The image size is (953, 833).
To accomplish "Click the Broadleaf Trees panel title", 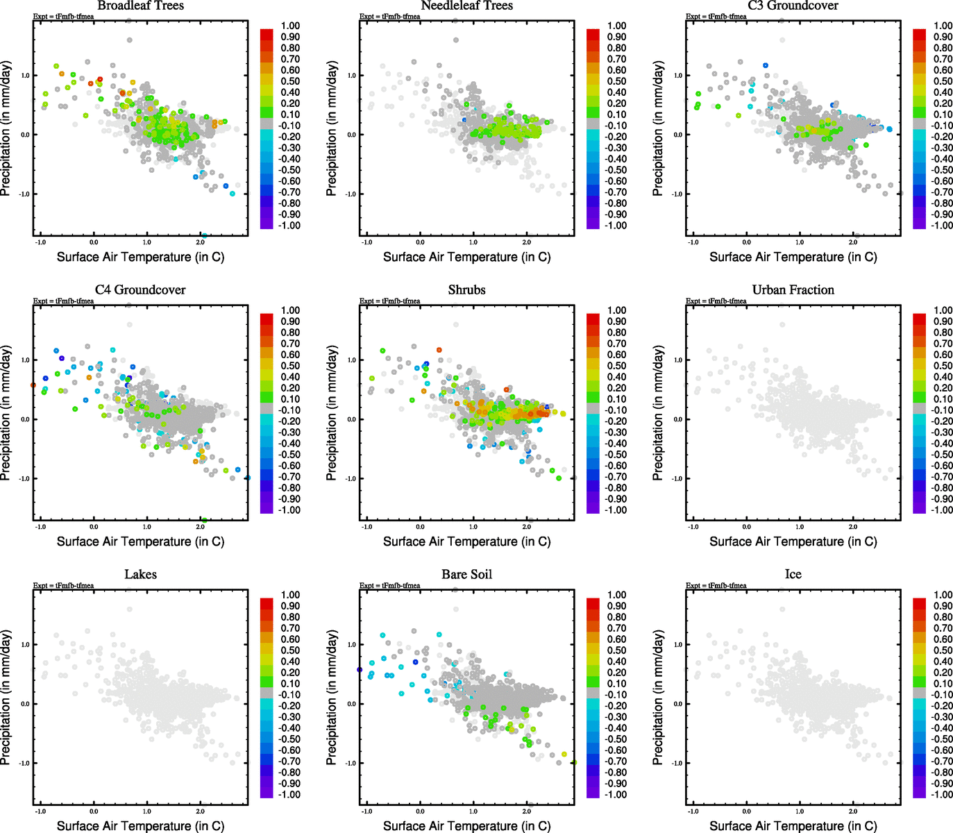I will click(x=140, y=6).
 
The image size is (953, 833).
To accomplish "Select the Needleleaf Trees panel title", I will click(x=466, y=6).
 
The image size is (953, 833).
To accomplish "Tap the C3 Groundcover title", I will click(x=793, y=6).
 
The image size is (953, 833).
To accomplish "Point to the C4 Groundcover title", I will click(x=140, y=289).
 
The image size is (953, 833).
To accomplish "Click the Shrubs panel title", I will click(x=466, y=289).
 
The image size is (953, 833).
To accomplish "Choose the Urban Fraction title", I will click(x=793, y=289).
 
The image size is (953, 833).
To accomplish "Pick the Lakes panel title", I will click(x=140, y=574).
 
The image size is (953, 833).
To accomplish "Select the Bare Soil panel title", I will click(x=466, y=574).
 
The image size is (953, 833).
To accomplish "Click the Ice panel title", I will click(x=793, y=574).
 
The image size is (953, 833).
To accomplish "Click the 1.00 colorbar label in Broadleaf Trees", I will click(x=290, y=26).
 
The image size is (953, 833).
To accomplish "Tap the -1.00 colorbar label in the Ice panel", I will click(x=942, y=794).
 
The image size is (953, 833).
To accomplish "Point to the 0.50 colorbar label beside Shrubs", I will click(x=617, y=366).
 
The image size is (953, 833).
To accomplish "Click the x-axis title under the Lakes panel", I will click(x=140, y=825).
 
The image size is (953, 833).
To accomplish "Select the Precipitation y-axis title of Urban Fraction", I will click(x=658, y=413).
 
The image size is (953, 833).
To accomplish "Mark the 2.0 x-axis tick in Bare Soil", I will click(x=527, y=811).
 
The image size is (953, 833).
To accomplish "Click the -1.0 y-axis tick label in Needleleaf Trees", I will click(x=351, y=194).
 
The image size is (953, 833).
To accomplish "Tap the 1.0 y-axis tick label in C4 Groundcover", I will click(x=25, y=360).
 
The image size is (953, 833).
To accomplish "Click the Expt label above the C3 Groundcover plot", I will click(x=716, y=16).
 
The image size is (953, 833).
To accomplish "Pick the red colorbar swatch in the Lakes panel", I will click(x=267, y=603).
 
